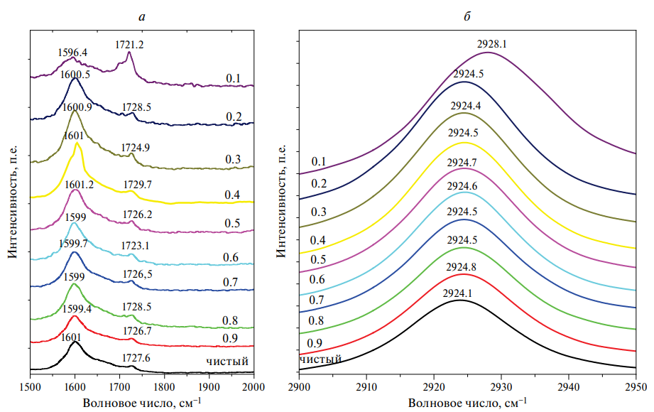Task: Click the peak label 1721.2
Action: (130, 45)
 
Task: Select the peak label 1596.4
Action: (72, 53)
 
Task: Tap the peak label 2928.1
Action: (491, 44)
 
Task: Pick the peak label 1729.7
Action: (137, 185)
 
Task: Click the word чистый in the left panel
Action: (227, 360)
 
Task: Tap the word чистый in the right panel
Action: (320, 359)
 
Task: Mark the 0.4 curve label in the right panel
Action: (317, 239)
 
